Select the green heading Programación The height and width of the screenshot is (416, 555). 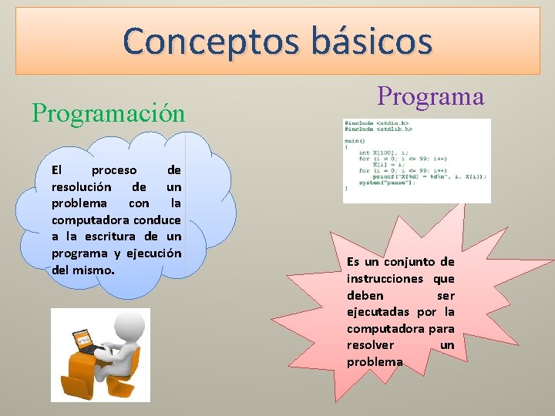pyautogui.click(x=109, y=113)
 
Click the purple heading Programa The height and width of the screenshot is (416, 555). pyautogui.click(x=430, y=96)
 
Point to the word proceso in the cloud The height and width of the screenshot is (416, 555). pyautogui.click(x=113, y=170)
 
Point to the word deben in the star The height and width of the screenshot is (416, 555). pyautogui.click(x=365, y=296)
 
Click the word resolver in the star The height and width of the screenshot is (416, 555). pyautogui.click(x=370, y=346)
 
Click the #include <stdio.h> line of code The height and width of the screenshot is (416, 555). pyautogui.click(x=377, y=123)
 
